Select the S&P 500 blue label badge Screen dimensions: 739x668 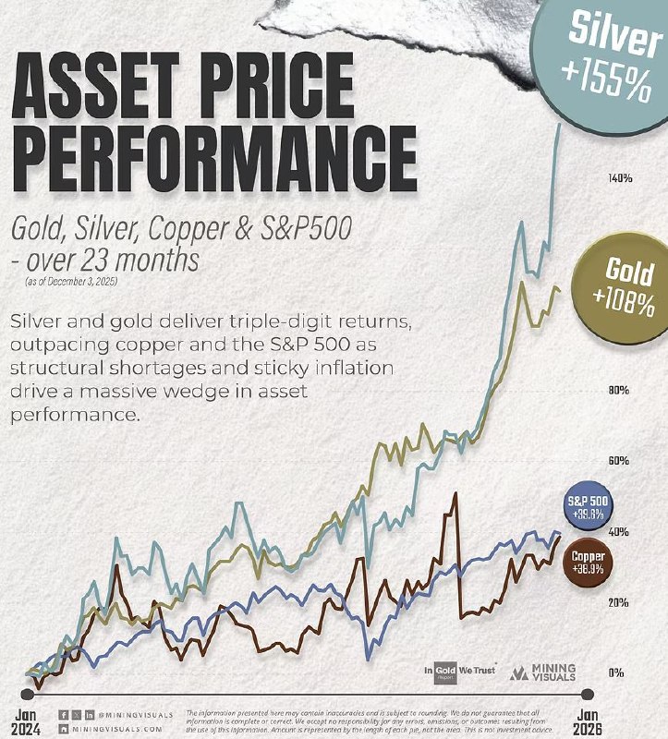[588, 507]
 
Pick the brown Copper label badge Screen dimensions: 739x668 [589, 562]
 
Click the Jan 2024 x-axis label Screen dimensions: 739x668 [27, 720]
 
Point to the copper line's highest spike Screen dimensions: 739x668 [454, 496]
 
